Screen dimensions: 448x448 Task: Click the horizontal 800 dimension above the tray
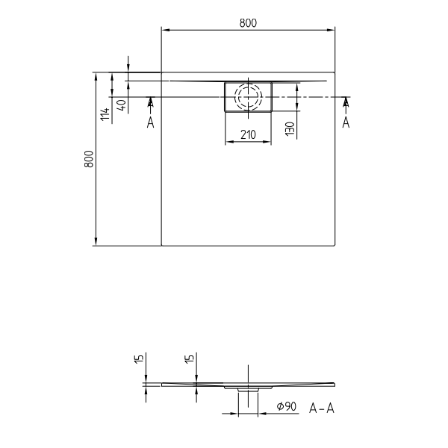click(249, 23)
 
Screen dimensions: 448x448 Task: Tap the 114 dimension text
click(105, 113)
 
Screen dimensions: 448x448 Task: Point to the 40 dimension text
click(121, 105)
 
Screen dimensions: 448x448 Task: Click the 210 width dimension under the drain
click(248, 134)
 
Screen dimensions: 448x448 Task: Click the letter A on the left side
click(150, 122)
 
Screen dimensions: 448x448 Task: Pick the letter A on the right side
click(346, 122)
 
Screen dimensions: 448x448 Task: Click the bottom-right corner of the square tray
click(335, 245)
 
